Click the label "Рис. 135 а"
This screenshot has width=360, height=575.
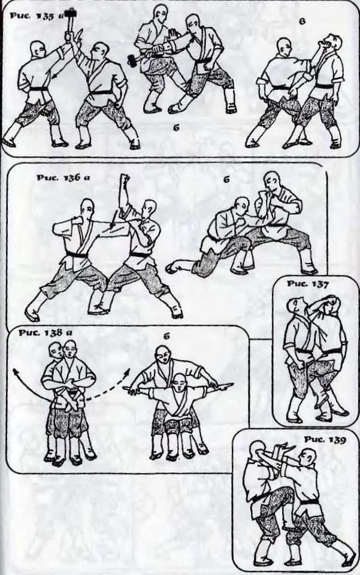tap(37, 16)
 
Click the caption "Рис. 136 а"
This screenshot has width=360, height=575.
tap(63, 178)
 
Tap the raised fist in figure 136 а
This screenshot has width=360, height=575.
tap(125, 180)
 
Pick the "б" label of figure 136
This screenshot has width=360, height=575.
tap(226, 179)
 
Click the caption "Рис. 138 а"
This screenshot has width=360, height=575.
tap(46, 333)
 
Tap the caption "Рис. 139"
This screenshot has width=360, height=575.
tap(325, 439)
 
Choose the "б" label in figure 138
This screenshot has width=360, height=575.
tap(167, 336)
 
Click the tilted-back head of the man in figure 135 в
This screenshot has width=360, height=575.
tap(332, 43)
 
